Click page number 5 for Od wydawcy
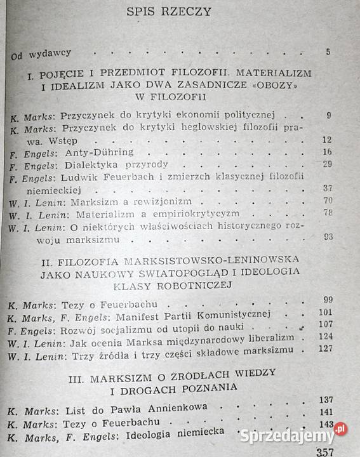click(x=328, y=51)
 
